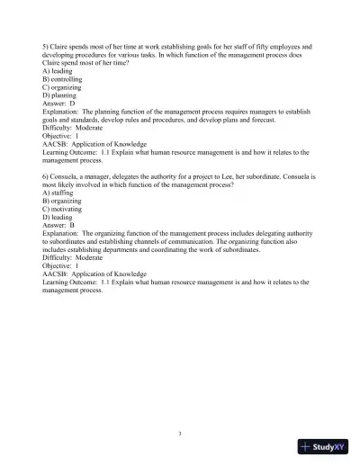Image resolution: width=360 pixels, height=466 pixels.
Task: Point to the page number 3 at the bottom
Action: tap(180, 434)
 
